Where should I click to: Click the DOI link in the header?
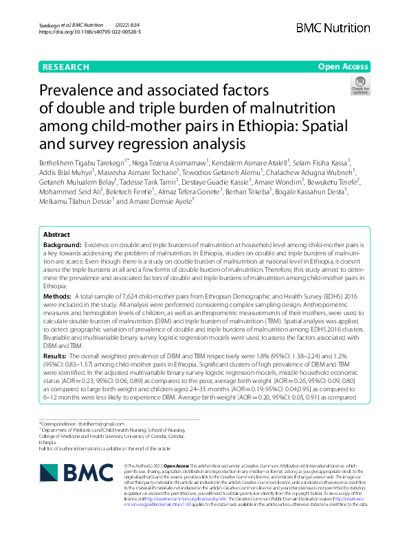90,32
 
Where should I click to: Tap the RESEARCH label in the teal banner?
65,67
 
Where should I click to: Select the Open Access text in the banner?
344,67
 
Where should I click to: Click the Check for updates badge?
360,84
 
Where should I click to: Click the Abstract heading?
57,234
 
